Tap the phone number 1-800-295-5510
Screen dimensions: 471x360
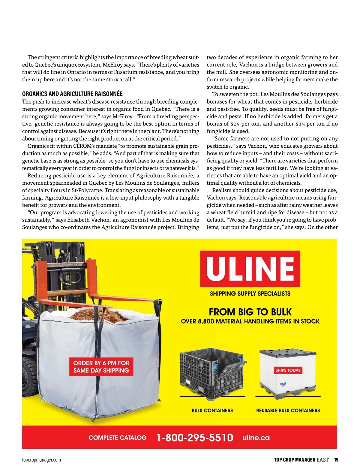click(195, 437)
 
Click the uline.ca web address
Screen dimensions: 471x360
click(256, 438)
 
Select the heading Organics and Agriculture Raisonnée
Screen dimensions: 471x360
click(72, 94)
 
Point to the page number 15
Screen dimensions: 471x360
click(336, 460)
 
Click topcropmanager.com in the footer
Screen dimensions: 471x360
click(41, 460)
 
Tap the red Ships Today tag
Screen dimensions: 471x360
click(288, 370)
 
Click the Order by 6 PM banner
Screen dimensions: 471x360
click(101, 367)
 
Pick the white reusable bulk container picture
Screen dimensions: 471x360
click(287, 374)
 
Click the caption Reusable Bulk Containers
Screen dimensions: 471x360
click(288, 410)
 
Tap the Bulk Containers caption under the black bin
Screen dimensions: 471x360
click(212, 410)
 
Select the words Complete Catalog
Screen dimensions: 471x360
click(117, 438)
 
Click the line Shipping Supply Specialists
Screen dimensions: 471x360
click(250, 294)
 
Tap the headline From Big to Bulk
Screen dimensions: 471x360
click(250, 312)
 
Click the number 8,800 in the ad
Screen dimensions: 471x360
click(206, 322)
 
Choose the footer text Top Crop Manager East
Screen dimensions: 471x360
click(301, 460)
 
